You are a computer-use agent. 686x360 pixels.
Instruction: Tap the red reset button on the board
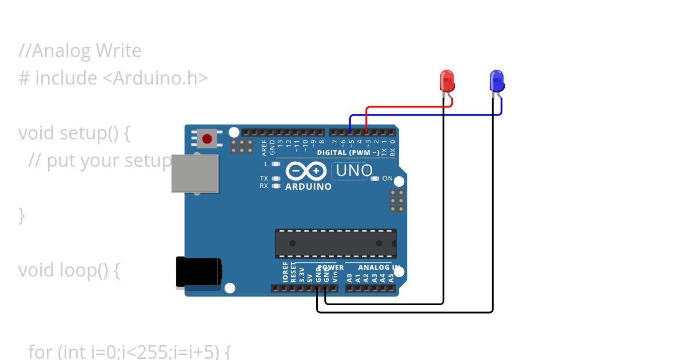[207, 138]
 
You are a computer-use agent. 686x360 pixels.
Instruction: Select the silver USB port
[196, 173]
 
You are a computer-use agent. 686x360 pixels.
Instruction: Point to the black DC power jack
[198, 272]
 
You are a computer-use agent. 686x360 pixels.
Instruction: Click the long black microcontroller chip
[335, 243]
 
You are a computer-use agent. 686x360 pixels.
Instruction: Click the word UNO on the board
[354, 170]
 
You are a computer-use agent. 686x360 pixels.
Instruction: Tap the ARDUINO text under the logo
[308, 187]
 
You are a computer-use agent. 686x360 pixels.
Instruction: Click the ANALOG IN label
[378, 267]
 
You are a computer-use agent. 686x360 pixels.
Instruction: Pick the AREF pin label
[264, 147]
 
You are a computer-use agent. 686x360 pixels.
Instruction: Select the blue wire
[423, 115]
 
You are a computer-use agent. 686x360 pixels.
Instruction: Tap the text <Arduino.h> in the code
[155, 78]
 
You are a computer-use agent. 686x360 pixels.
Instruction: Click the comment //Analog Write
[80, 51]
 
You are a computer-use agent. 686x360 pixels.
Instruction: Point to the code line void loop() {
[69, 270]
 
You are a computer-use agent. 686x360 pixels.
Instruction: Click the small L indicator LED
[276, 164]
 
